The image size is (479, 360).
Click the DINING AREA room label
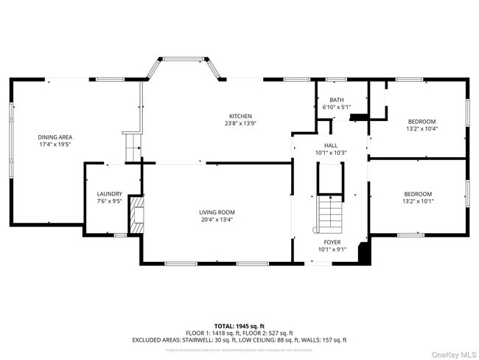coord(55,136)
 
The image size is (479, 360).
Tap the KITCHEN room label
coord(240,116)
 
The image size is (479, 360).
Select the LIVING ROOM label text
coord(217,212)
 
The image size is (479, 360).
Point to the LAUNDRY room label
coord(108,194)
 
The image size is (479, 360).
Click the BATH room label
coord(336,100)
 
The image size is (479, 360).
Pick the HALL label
coord(331,145)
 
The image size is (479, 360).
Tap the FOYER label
coord(332,241)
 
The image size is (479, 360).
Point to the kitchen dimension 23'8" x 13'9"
coord(240,123)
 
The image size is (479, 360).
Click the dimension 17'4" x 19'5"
coord(55,144)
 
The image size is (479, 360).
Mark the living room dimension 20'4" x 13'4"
coord(217,219)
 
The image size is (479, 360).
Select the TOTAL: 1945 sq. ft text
coord(239,325)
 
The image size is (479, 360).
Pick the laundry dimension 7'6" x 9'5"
coord(108,201)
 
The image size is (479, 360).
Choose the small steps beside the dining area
coord(131,145)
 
